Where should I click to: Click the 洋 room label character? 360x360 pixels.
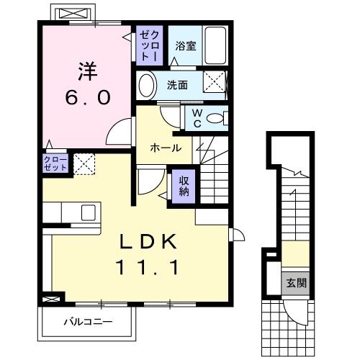(86, 71)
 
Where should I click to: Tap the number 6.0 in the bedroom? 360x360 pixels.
(86, 98)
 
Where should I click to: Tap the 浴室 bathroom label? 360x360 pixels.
(186, 45)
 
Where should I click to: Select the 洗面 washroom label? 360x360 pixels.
(177, 85)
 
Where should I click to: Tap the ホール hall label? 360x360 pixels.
(165, 148)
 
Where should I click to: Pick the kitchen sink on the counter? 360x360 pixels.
(88, 213)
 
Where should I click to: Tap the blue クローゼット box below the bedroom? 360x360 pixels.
(55, 163)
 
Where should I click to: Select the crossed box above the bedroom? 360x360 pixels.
(72, 14)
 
